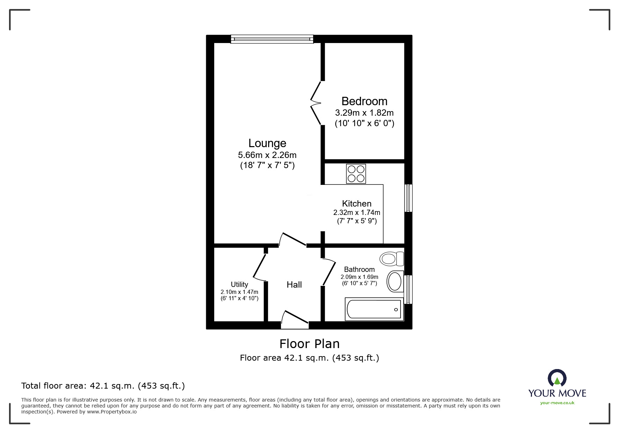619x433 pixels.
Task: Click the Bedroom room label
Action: tap(364, 101)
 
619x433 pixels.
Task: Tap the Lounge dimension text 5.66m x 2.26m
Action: tap(267, 155)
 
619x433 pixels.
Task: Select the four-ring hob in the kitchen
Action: tap(356, 174)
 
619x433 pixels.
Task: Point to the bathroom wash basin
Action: tap(395, 281)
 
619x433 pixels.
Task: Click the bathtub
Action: tap(374, 309)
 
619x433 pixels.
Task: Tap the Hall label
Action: tap(294, 285)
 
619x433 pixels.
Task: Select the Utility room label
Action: tap(239, 284)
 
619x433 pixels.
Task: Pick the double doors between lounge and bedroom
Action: tap(316, 103)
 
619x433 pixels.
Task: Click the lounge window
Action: tap(272, 39)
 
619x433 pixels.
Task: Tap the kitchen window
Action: tap(408, 198)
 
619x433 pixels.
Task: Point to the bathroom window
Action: tap(408, 289)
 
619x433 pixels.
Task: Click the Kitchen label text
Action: tap(357, 204)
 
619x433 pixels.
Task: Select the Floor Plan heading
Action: tap(309, 344)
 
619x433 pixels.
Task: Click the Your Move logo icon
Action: tap(557, 378)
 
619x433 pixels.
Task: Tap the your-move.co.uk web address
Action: tap(557, 403)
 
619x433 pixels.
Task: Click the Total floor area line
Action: tap(103, 386)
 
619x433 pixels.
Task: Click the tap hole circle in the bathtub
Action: tap(396, 310)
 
